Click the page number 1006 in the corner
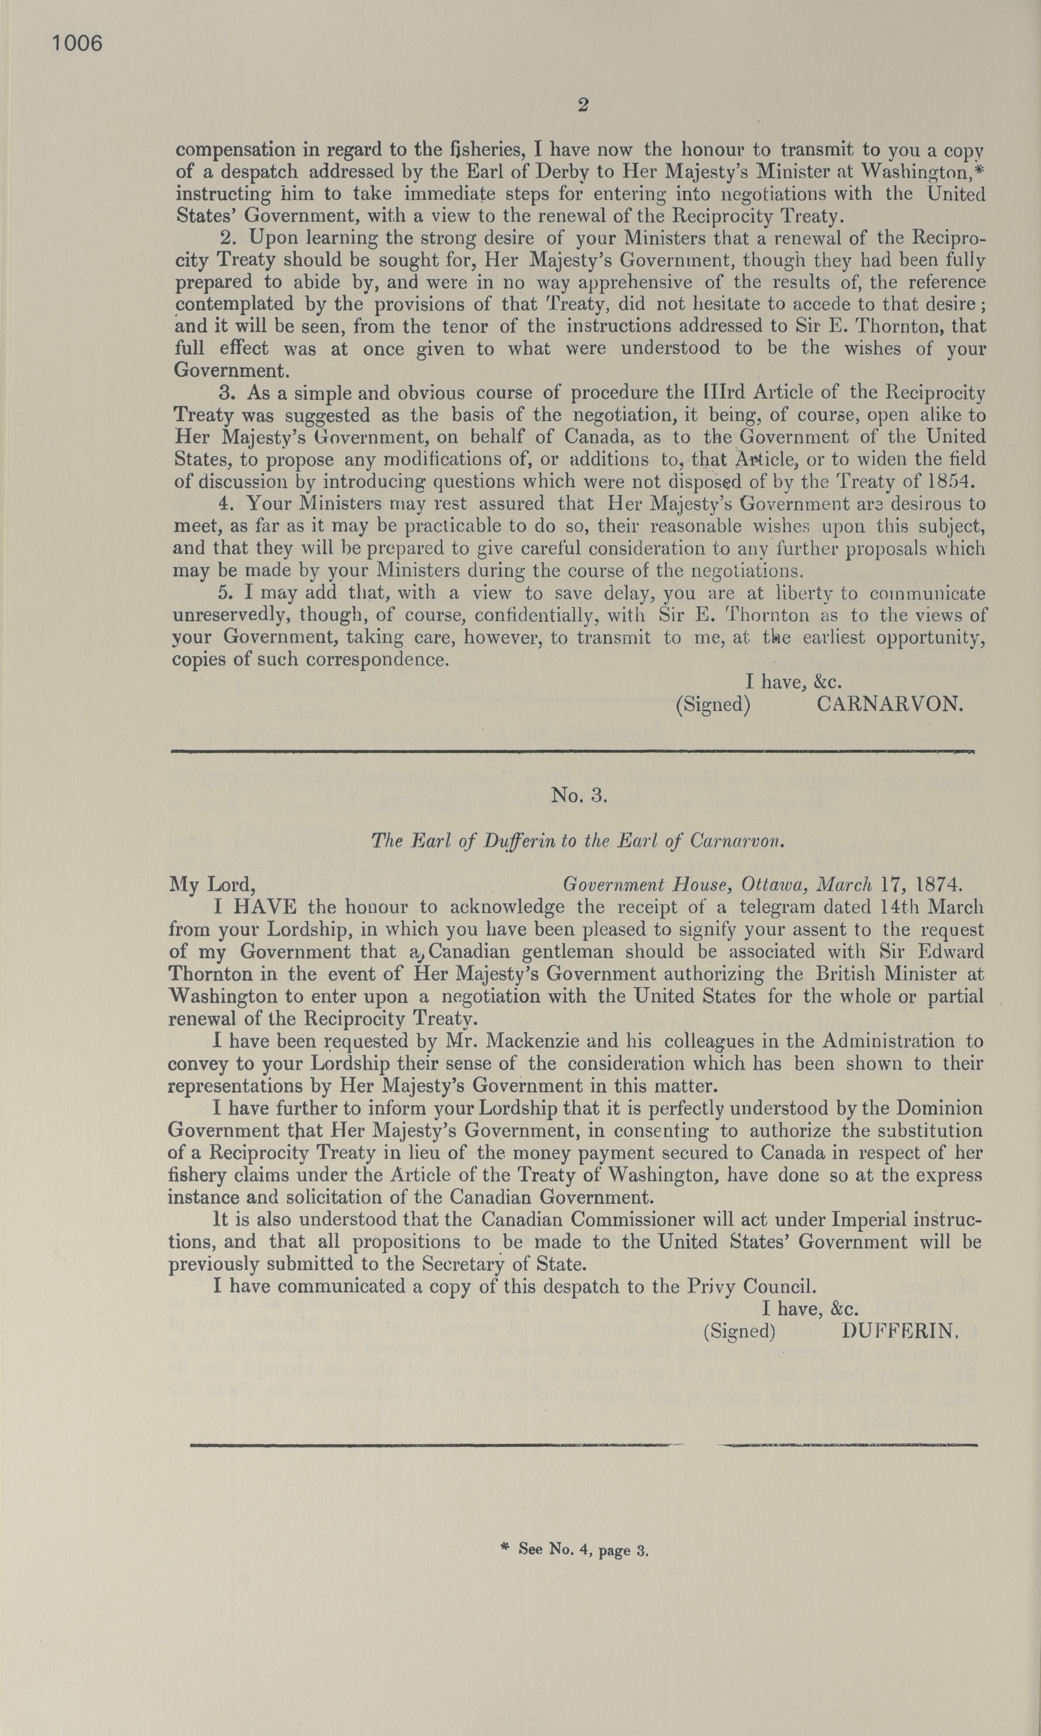[77, 44]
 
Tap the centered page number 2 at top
[582, 106]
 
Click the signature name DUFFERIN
[899, 1331]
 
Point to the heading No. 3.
[579, 796]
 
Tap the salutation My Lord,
[211, 885]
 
